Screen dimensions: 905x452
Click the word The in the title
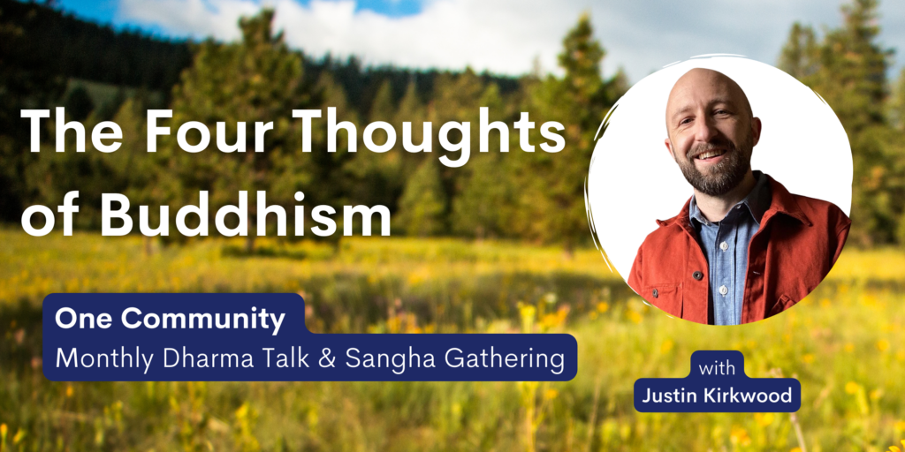pyautogui.click(x=71, y=132)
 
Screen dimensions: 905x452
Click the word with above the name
pyautogui.click(x=717, y=368)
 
